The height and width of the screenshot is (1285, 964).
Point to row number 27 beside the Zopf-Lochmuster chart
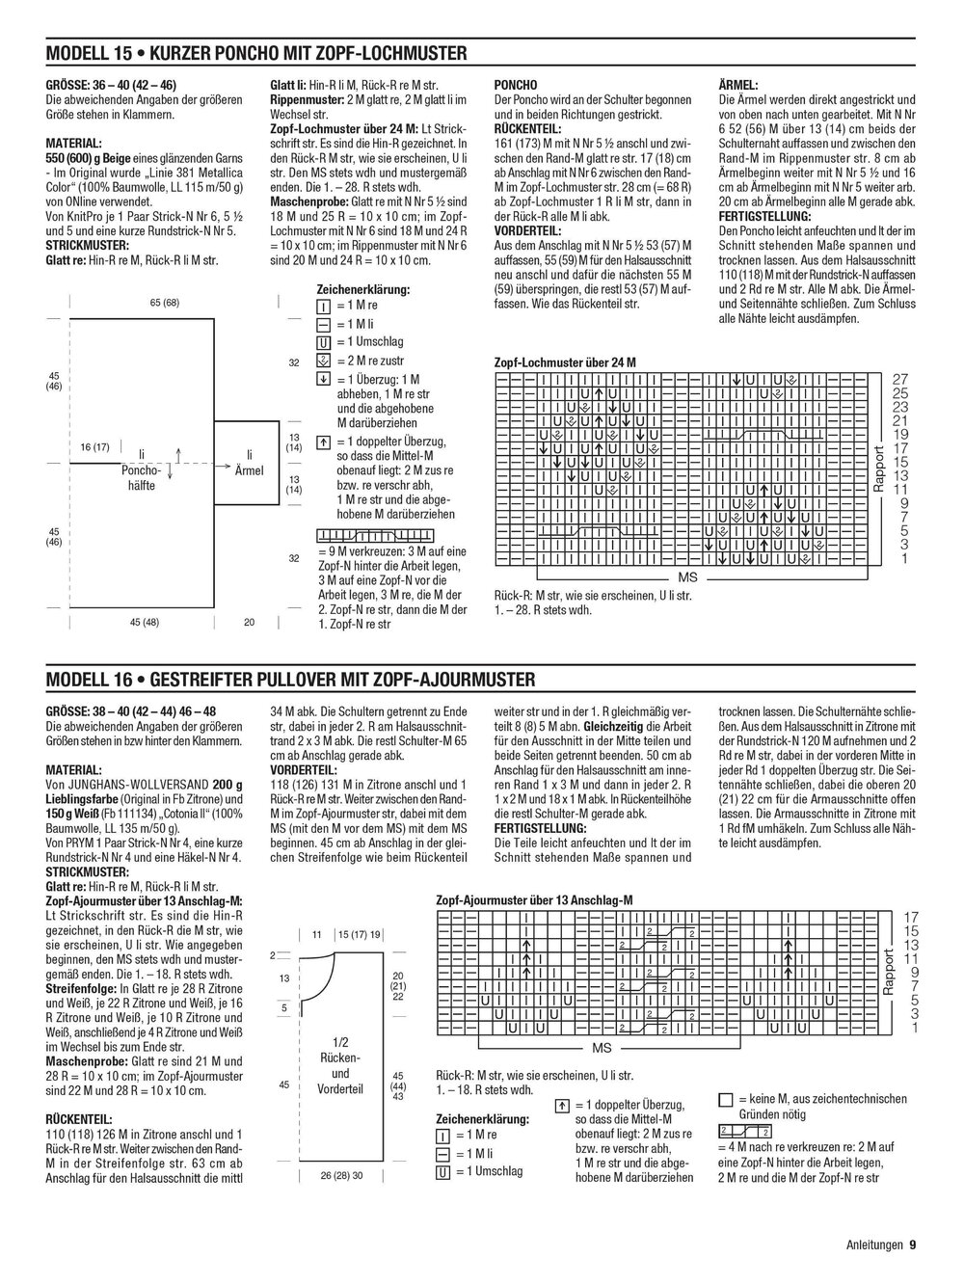[900, 378]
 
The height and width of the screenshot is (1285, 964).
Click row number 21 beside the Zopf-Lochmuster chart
[900, 419]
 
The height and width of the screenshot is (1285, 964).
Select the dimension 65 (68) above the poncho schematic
[164, 303]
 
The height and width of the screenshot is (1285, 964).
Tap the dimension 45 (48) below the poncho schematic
[144, 622]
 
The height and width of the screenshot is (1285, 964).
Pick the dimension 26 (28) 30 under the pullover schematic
[342, 1175]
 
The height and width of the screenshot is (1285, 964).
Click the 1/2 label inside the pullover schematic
[339, 1042]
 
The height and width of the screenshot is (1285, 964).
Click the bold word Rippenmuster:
[302, 99]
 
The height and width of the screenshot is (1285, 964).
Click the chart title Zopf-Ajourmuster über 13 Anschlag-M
[533, 899]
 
